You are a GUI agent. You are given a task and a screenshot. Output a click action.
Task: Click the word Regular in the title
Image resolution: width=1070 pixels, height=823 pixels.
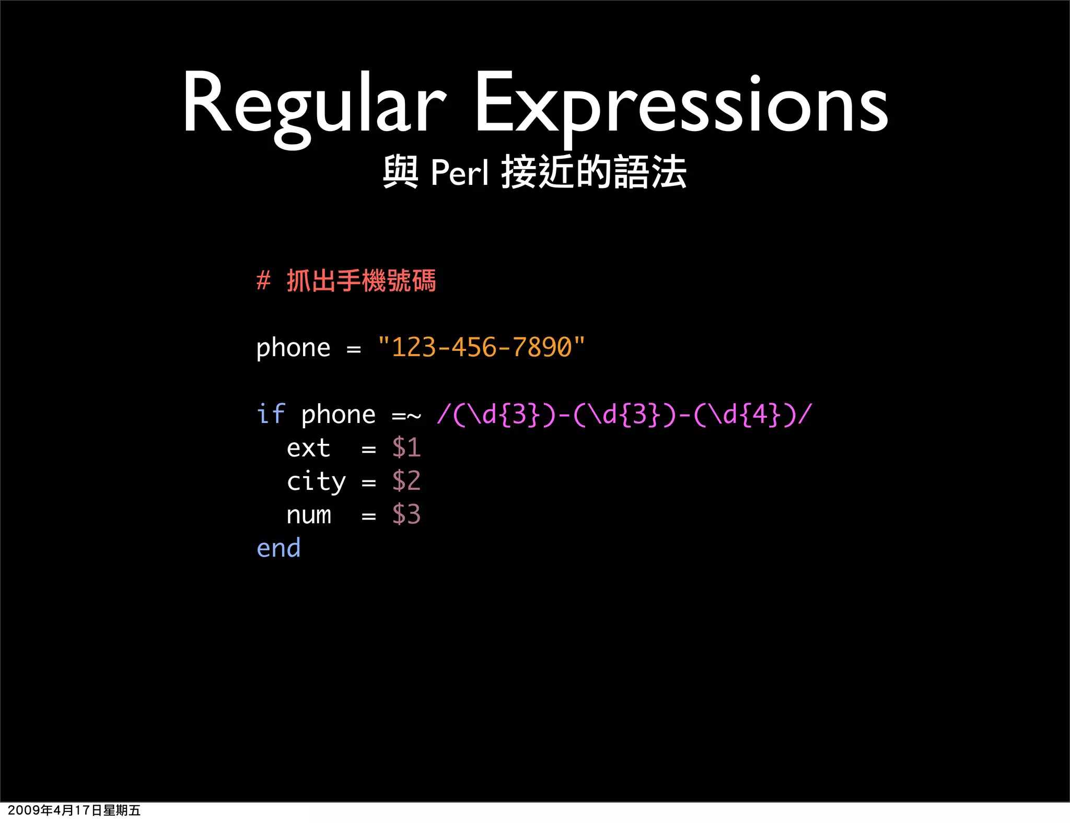(x=313, y=104)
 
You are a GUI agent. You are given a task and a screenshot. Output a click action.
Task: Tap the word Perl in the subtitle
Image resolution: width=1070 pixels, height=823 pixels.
(x=460, y=172)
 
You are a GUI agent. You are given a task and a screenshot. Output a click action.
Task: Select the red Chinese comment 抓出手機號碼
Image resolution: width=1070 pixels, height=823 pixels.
(x=361, y=281)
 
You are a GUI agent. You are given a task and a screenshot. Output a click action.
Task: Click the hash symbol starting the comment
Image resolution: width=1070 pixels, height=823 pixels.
(x=263, y=281)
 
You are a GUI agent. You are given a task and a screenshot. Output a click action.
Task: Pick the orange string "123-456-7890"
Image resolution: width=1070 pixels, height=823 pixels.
(x=481, y=347)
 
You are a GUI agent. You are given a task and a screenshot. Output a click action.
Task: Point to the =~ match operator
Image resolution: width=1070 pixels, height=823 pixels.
(x=406, y=415)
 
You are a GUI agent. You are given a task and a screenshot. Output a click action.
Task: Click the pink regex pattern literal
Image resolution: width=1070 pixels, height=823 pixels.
(x=624, y=415)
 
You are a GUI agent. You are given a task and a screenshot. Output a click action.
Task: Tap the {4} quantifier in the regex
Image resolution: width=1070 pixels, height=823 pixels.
(x=760, y=415)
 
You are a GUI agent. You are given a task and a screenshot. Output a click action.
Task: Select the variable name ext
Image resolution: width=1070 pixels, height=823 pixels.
(x=308, y=448)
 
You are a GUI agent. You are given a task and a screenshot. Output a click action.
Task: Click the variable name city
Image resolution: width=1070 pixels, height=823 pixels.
(x=316, y=481)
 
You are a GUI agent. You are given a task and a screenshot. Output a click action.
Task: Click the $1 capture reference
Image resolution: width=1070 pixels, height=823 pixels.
(x=406, y=448)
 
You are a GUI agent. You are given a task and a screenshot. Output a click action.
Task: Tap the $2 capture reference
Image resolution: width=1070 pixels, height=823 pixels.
(x=406, y=481)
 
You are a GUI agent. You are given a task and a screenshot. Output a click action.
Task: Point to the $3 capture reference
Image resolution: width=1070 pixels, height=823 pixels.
(x=406, y=514)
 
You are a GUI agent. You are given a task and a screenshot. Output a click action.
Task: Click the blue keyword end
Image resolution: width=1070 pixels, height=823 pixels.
(x=278, y=548)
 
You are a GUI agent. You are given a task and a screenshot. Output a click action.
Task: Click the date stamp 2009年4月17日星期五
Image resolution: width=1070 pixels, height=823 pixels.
(x=74, y=810)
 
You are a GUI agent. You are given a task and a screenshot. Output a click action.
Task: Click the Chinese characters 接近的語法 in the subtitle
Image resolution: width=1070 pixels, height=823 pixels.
(x=594, y=172)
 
